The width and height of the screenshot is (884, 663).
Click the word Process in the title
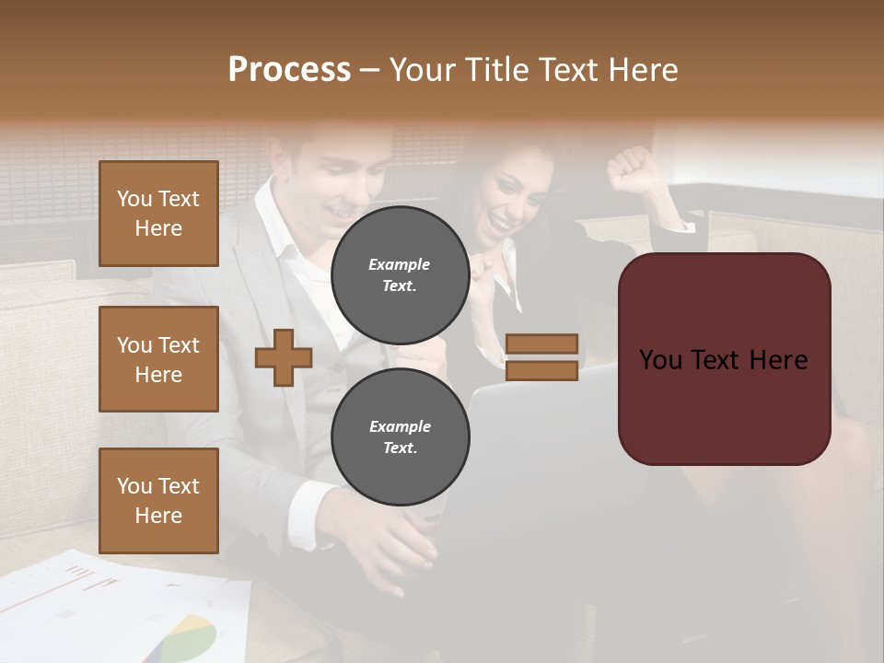pyautogui.click(x=289, y=70)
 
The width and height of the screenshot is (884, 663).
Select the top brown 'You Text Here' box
pyautogui.click(x=158, y=214)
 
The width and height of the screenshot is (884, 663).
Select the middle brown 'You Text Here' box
pyautogui.click(x=158, y=359)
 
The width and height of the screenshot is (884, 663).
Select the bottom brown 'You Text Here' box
pyautogui.click(x=158, y=500)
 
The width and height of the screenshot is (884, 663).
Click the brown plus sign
pyautogui.click(x=283, y=358)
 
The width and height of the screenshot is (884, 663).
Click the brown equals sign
pyautogui.click(x=541, y=357)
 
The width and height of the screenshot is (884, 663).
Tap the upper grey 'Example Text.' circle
pyautogui.click(x=400, y=274)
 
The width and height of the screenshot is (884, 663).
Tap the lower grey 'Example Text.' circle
pyautogui.click(x=400, y=436)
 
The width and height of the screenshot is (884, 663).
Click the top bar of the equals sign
pyautogui.click(x=541, y=343)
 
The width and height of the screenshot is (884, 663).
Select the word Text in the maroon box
pyautogui.click(x=723, y=359)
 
